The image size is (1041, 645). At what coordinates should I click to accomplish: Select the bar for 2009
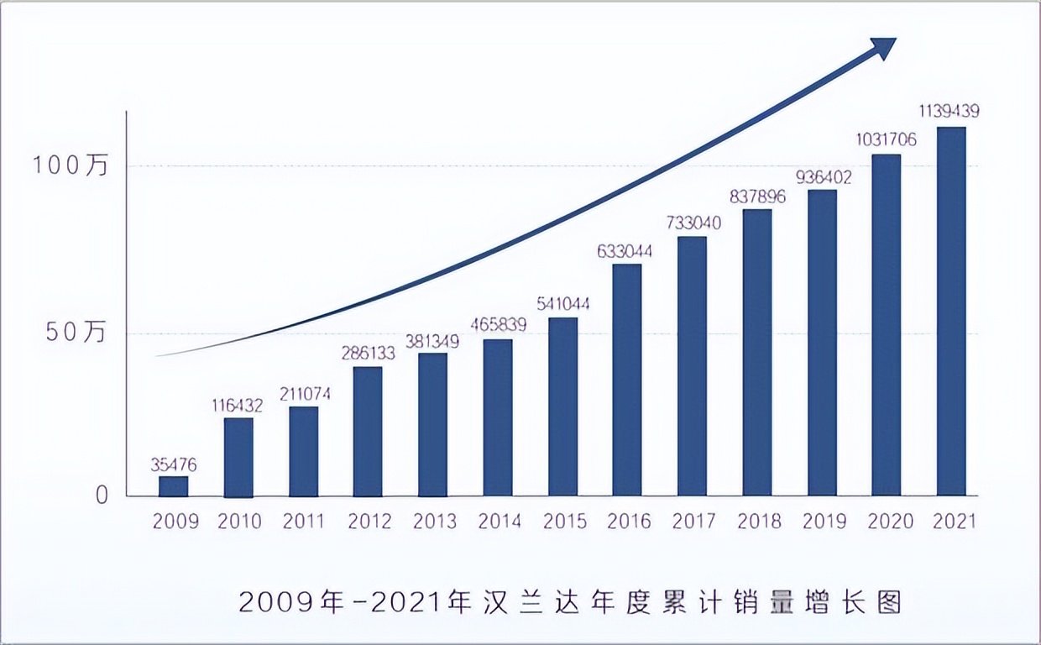[x=174, y=486]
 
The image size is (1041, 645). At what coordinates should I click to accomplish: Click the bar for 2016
[x=627, y=380]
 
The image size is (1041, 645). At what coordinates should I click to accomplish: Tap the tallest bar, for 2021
[x=951, y=311]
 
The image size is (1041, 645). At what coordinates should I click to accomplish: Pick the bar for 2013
[x=432, y=424]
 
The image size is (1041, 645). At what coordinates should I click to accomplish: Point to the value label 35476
[x=174, y=463]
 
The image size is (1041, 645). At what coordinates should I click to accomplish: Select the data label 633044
[x=626, y=250]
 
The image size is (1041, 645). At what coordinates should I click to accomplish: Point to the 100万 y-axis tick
[x=71, y=166]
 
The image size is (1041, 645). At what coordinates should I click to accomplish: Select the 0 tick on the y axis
[x=102, y=496]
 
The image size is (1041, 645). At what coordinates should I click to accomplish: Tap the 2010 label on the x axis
[x=239, y=522]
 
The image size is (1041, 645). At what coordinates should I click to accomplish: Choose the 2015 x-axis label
[x=563, y=522]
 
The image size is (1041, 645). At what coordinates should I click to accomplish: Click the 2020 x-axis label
[x=889, y=522]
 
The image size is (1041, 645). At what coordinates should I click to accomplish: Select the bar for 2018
[x=757, y=352]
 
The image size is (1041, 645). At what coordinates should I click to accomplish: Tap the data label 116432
[x=238, y=406]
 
